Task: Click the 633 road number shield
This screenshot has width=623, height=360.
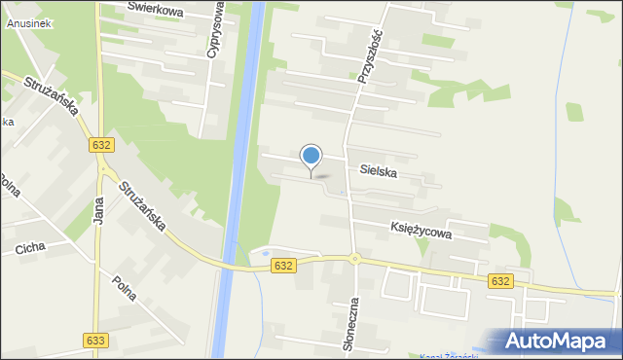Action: click(x=94, y=341)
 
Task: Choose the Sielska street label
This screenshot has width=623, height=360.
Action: click(x=378, y=171)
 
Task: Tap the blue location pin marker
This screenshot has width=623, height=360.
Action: click(x=311, y=156)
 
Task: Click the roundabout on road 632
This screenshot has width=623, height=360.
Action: click(x=355, y=259)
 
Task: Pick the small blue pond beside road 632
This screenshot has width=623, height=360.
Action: click(x=262, y=258)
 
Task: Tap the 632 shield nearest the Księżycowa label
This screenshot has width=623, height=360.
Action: click(x=500, y=280)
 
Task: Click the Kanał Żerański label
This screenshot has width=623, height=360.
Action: click(x=448, y=356)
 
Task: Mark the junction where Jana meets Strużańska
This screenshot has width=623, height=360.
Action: click(x=101, y=167)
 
